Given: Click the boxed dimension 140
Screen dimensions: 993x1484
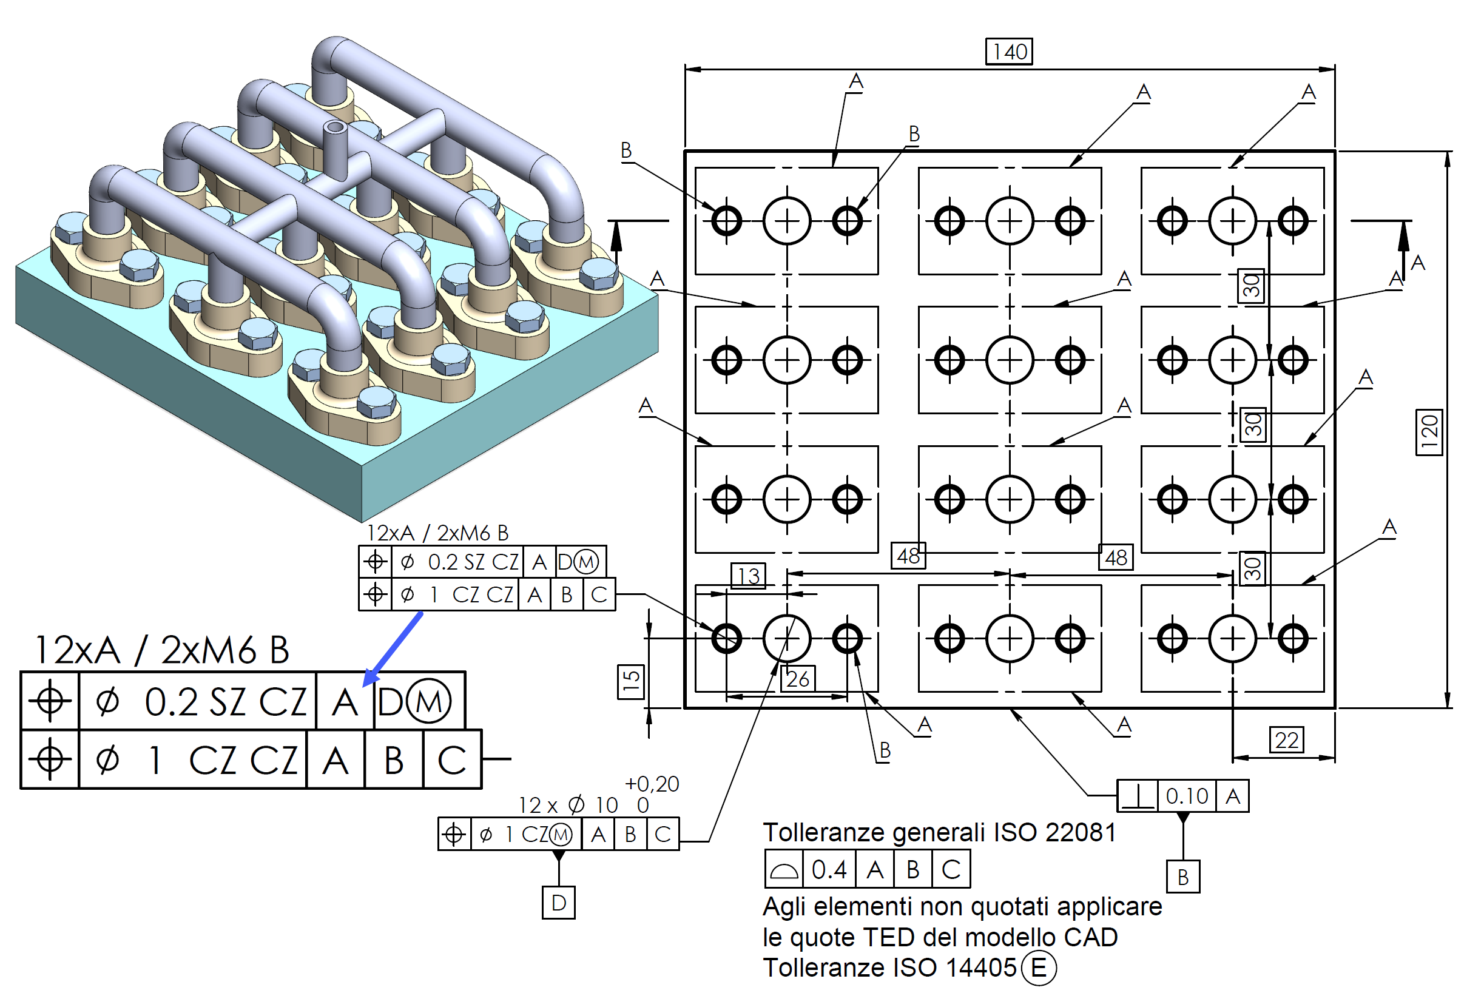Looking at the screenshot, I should [1009, 52].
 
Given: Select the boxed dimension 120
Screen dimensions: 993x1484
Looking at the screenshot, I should [1429, 433].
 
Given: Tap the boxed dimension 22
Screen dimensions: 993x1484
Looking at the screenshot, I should [1286, 739].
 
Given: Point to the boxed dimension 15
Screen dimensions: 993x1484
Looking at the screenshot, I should [630, 681].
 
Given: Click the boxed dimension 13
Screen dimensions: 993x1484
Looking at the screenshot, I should [748, 576].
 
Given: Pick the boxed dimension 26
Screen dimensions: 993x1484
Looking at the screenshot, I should [797, 679].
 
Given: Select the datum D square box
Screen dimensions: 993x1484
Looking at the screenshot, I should [559, 902].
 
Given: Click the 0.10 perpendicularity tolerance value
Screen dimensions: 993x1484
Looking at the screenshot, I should [1186, 796].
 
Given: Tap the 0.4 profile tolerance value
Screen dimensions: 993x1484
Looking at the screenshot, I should [829, 869].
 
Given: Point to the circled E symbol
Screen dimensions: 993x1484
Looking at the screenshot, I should [1038, 968].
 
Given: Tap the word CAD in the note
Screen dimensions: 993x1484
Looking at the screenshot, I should [1090, 937].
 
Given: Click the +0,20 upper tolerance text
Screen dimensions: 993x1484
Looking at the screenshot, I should [651, 784].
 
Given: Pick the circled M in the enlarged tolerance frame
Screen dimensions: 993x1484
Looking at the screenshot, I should [429, 702].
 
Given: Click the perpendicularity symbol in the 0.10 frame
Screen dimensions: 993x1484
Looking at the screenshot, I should [1138, 796].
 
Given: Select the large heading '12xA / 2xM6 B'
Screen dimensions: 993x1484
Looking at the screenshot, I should [162, 650].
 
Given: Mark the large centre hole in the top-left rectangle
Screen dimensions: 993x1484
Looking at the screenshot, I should [787, 221].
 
